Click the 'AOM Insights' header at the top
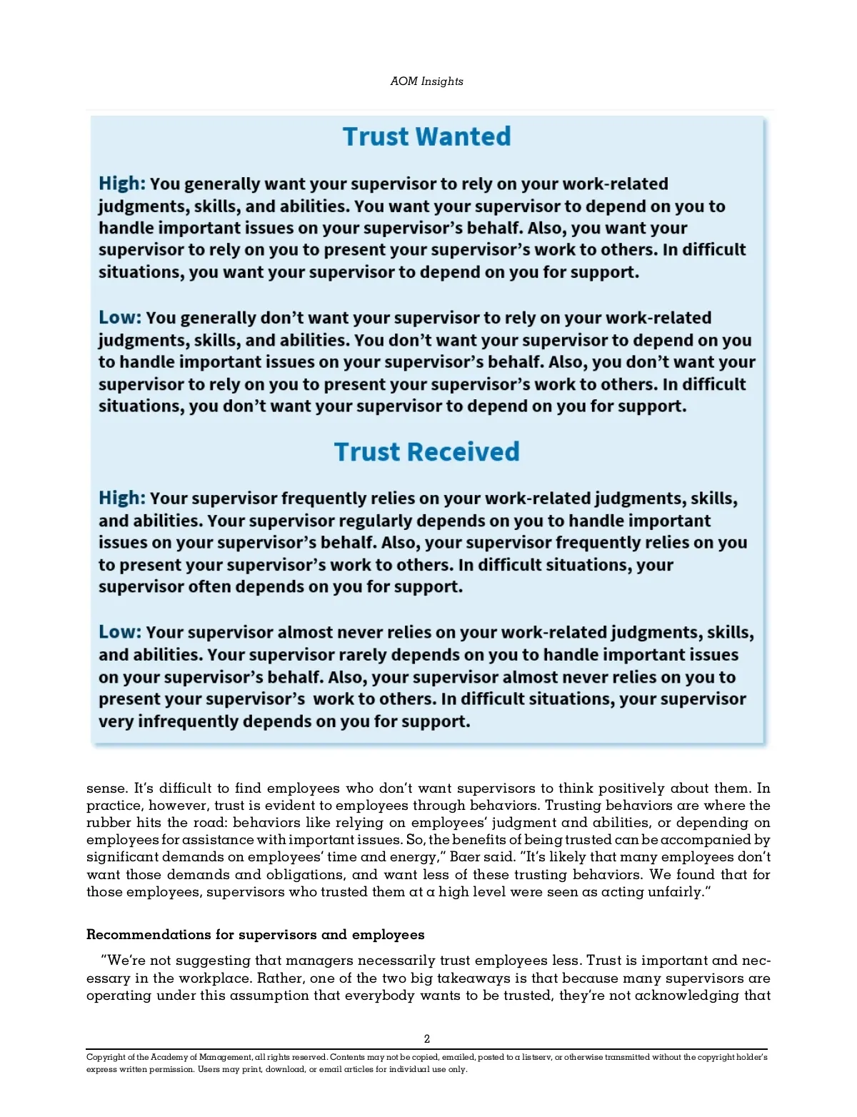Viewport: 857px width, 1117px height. click(x=426, y=81)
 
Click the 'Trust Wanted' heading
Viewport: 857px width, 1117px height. click(x=426, y=136)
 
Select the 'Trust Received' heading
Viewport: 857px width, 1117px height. click(x=426, y=451)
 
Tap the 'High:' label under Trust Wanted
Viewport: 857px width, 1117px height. click(x=122, y=184)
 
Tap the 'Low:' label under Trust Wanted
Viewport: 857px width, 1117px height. click(x=120, y=317)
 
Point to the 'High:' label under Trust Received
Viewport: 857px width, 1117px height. click(x=122, y=498)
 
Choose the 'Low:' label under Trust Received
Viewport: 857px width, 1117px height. click(x=120, y=632)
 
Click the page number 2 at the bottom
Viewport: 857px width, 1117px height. click(x=427, y=1039)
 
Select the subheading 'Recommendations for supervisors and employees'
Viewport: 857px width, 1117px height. click(x=255, y=935)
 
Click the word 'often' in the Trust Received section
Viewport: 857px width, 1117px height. click(x=209, y=587)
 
